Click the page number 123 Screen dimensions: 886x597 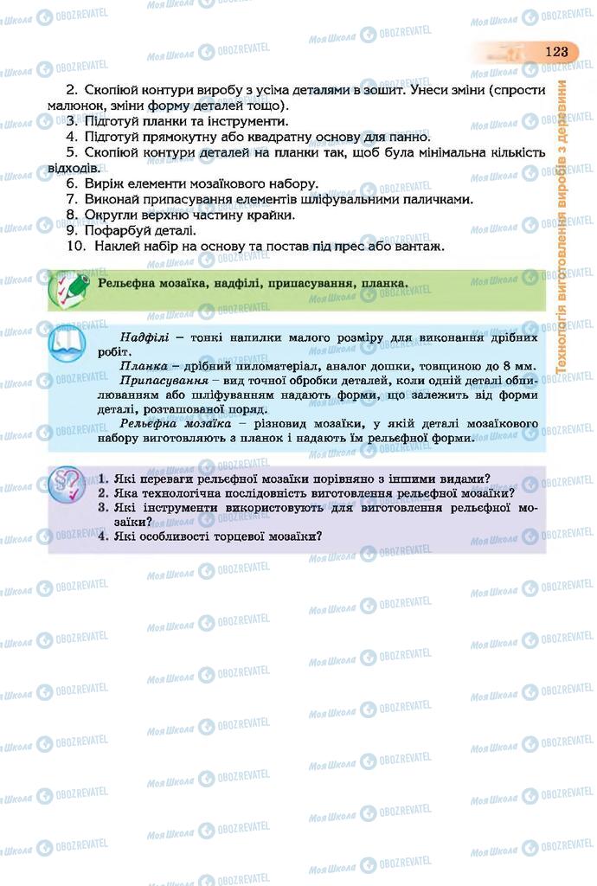pyautogui.click(x=555, y=51)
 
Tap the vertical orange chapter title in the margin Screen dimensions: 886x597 pyautogui.click(x=562, y=227)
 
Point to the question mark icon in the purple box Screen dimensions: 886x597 pyautogui.click(x=68, y=485)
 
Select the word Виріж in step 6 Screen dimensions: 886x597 pyautogui.click(x=105, y=183)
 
